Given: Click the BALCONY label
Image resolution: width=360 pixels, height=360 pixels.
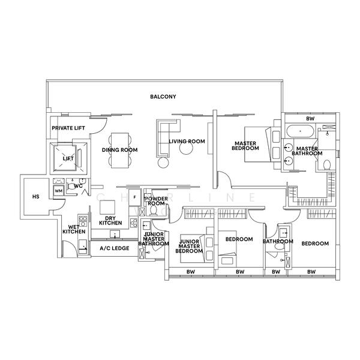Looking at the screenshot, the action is coord(163,97).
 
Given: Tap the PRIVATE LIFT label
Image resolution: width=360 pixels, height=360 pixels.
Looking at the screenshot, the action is coord(68,128).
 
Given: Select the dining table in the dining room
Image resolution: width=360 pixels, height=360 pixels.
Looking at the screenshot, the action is coord(120,151).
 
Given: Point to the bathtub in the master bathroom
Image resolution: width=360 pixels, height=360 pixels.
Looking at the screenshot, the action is coord(300,131).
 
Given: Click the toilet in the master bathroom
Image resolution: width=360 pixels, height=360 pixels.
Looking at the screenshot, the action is coord(327,165).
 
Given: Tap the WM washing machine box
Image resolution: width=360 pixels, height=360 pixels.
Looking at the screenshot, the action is coord(59,191).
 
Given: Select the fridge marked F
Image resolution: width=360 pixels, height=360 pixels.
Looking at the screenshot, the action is coord(135,197).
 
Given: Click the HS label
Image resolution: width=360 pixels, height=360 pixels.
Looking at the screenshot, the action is coord(36,197).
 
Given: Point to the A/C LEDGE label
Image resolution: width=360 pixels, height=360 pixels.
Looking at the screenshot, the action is coord(115,248).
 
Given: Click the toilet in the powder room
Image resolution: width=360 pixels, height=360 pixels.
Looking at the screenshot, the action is coord(153,210).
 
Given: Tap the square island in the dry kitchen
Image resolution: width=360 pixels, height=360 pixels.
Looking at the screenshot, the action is coord(107,208).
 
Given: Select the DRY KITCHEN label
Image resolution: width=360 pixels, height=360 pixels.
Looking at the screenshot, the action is coord(110,220).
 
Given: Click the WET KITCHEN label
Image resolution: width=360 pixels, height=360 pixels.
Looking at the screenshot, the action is coord(74,229).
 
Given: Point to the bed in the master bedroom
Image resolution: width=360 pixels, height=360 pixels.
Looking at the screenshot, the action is coord(258,144).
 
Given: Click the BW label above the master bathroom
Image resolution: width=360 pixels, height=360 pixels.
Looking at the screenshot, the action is coord(310,119).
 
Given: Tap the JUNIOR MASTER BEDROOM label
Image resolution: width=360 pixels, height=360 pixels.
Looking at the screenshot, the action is coord(189,247).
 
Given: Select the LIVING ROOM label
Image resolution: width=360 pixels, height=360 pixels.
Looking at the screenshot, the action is coord(187,141).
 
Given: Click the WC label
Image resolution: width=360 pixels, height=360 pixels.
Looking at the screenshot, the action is coord(78,186).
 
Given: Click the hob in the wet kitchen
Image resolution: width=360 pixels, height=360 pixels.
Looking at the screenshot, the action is coord(83,221).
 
